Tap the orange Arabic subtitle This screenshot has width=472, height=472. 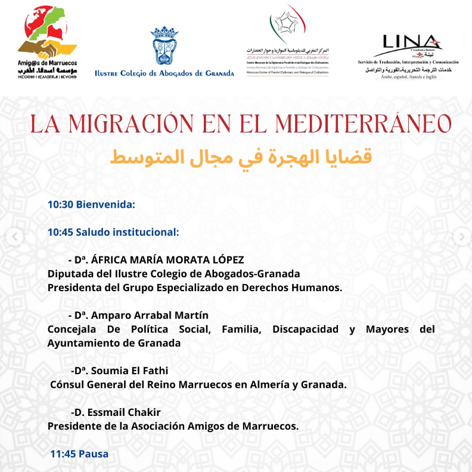[241, 156]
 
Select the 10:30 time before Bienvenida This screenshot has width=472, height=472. [60, 204]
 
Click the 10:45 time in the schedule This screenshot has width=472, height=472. [60, 232]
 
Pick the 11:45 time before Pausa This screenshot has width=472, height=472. [63, 454]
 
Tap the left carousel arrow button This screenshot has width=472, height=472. [14, 237]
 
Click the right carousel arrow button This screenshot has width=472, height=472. [460, 237]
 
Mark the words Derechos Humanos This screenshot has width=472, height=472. [297, 287]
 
